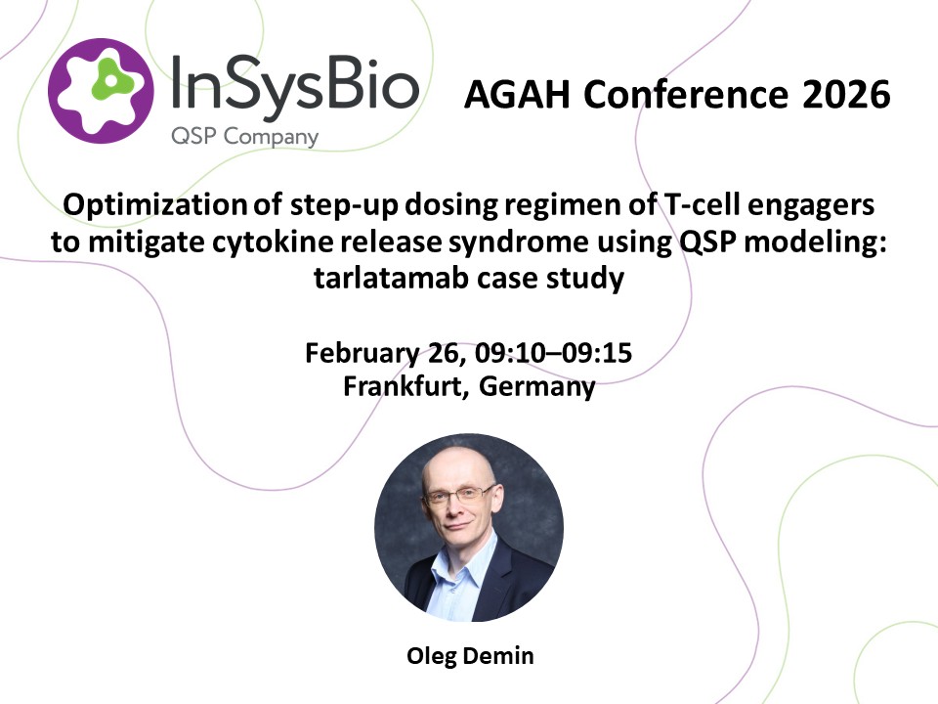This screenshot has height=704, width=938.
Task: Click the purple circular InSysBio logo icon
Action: click(x=101, y=91)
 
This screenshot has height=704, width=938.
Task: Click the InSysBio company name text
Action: click(x=295, y=85)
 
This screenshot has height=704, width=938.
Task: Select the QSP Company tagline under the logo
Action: click(x=244, y=137)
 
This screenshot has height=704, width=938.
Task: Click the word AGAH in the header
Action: click(x=517, y=95)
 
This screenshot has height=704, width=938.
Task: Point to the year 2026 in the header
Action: click(x=846, y=95)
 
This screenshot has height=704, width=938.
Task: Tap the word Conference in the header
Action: click(x=686, y=95)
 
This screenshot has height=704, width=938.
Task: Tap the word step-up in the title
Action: click(x=344, y=205)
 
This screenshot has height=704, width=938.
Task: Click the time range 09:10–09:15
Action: click(x=553, y=353)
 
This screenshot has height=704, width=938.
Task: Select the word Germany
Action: click(x=537, y=387)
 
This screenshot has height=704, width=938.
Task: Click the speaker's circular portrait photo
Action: click(x=469, y=527)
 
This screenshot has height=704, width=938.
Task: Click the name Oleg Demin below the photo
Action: click(x=470, y=656)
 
